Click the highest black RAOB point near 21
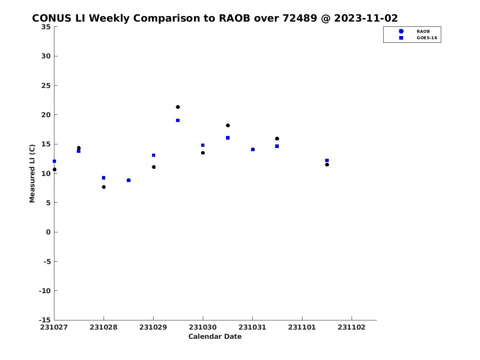pos(178,107)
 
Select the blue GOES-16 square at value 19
pos(178,120)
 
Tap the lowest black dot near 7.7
pos(104,187)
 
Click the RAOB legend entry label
pos(423,31)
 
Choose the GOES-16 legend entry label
pos(427,38)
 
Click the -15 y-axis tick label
pos(45,320)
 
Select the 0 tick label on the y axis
pos(48,232)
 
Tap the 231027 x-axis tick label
pos(54,328)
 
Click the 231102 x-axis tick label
pos(352,328)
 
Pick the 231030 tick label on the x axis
pos(203,328)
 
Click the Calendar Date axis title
pos(215,337)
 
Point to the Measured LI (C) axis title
pos(32,174)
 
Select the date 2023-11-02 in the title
pos(366,18)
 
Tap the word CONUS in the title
pos(52,18)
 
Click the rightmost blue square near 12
pos(327,160)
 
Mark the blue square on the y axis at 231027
pos(54,161)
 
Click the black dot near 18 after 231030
pos(228,126)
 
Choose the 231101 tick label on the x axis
pos(302,328)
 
